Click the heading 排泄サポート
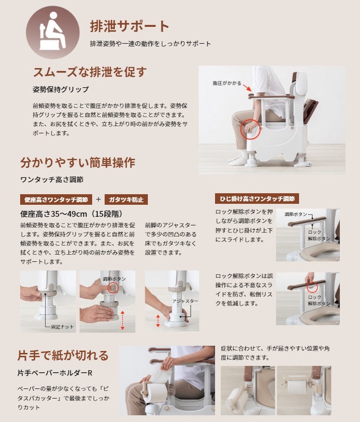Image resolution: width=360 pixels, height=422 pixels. click(130, 26)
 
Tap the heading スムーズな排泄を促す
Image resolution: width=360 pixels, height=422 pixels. click(89, 72)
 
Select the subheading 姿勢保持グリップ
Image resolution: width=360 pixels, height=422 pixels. click(60, 90)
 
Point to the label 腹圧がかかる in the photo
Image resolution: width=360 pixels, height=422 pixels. click(227, 83)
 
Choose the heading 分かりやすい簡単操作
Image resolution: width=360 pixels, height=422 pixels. click(77, 163)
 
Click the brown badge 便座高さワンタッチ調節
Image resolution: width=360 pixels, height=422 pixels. click(56, 199)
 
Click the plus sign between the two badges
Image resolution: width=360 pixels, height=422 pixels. click(98, 199)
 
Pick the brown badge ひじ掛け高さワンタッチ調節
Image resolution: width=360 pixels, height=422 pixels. click(257, 199)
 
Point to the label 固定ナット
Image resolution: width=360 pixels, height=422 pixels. click(62, 326)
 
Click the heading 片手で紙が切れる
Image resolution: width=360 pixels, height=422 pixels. click(63, 355)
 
